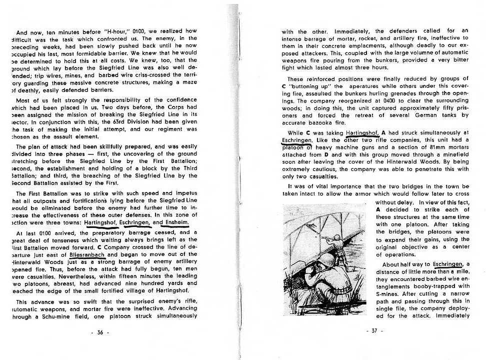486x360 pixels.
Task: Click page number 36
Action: (100, 332)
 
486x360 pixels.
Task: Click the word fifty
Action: (436, 107)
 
